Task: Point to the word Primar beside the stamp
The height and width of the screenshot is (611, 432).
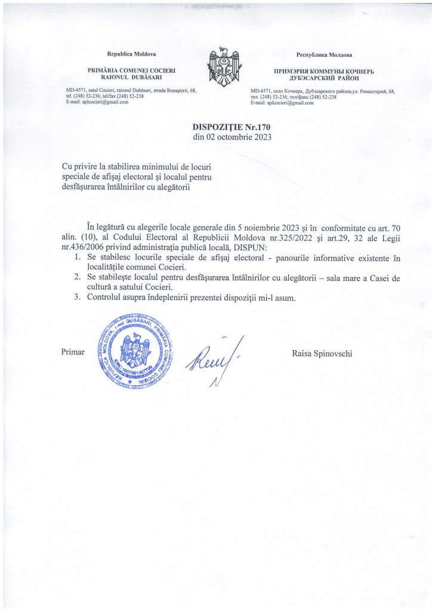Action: coord(73,353)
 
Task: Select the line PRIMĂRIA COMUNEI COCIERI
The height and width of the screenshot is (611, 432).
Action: coord(131,70)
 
